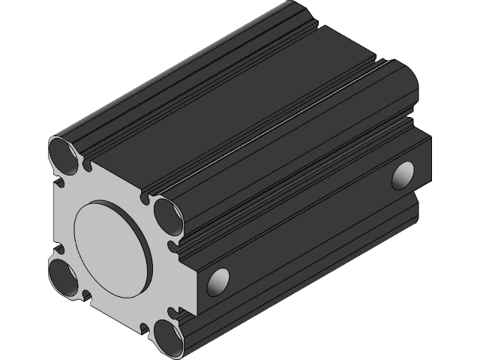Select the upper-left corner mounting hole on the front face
tap(62, 154)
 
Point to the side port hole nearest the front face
tap(218, 280)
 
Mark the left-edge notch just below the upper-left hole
tap(56, 181)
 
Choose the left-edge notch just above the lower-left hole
tap(56, 248)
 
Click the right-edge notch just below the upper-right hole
tap(174, 244)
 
